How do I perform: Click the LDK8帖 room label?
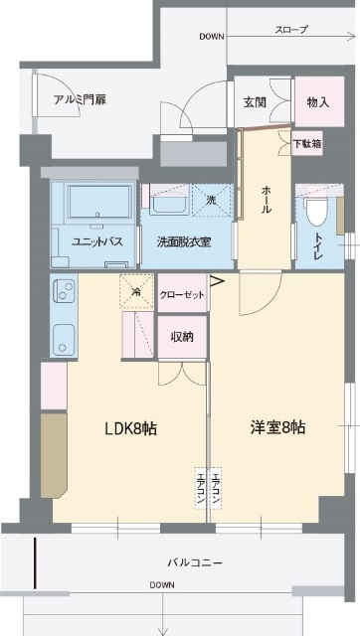131,428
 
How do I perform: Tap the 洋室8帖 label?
277,427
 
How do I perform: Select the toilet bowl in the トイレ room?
316,211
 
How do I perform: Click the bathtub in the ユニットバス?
100,202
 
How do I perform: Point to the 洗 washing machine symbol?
211,200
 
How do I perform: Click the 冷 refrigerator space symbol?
137,291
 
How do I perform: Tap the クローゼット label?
182,295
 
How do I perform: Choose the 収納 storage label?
182,337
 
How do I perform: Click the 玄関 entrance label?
255,102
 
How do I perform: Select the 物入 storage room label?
318,102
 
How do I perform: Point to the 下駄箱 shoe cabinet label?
307,144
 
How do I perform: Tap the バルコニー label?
195,563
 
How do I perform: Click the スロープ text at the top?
291,30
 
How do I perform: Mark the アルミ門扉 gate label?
80,100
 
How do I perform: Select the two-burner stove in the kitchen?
64,291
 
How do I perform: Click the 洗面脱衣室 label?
183,242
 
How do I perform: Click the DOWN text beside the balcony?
162,585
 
